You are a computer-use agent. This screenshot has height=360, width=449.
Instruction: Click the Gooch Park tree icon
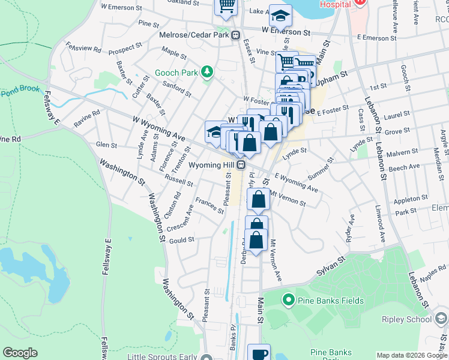coord(207,73)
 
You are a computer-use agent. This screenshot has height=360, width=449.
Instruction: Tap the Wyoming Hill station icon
coord(241,164)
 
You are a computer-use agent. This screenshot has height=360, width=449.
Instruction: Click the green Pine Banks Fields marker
coord(288,299)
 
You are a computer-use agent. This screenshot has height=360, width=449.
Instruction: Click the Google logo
coord(20,353)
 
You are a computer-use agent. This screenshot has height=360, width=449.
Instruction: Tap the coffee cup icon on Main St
coord(259,354)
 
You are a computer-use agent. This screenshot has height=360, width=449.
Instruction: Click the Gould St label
coord(182,240)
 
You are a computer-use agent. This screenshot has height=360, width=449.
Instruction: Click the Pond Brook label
coord(20,91)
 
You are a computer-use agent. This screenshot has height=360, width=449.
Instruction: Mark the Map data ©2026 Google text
coord(412,355)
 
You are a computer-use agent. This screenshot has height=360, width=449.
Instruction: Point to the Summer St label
coord(321,170)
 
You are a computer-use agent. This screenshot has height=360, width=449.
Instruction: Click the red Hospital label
coord(335,4)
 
